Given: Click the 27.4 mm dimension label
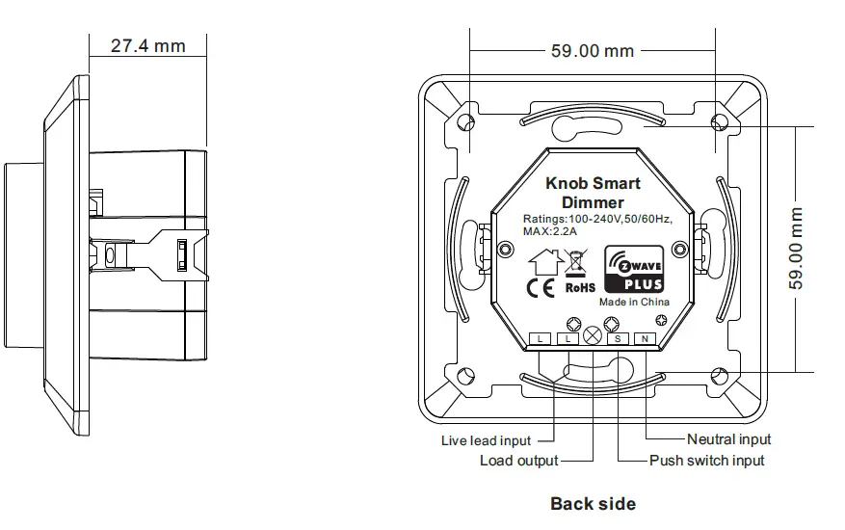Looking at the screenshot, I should click(147, 45).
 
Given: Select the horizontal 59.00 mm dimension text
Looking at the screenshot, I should click(592, 51).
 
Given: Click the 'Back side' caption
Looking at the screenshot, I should click(593, 503).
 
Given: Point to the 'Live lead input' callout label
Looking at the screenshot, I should click(486, 440).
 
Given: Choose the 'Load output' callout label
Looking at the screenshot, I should click(518, 461).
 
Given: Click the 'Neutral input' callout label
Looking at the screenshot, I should click(728, 439).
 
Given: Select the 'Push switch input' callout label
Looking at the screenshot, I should click(706, 461).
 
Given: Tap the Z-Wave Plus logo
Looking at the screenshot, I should click(633, 270).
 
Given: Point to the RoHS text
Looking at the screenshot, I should click(579, 287).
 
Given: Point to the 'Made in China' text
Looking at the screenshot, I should click(634, 302).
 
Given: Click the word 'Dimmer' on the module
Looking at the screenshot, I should click(593, 202).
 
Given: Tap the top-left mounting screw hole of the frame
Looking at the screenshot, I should click(465, 122).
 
